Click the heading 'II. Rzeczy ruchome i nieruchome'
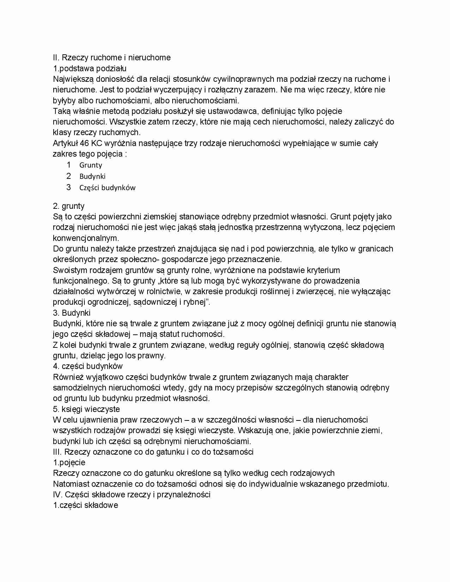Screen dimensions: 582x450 click(112, 57)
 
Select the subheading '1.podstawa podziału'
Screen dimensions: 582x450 click(90, 68)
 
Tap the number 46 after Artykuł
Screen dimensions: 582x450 click(85, 143)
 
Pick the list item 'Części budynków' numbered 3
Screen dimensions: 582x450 click(107, 188)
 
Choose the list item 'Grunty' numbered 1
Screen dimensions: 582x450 click(91, 165)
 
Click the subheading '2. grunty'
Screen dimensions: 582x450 click(68, 206)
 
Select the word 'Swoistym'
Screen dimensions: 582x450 click(69, 270)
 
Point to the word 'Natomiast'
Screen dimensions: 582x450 click(70, 484)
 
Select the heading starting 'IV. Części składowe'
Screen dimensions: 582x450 click(132, 495)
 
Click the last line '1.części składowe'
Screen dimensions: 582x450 click(85, 505)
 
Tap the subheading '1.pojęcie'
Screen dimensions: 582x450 click(69, 462)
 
